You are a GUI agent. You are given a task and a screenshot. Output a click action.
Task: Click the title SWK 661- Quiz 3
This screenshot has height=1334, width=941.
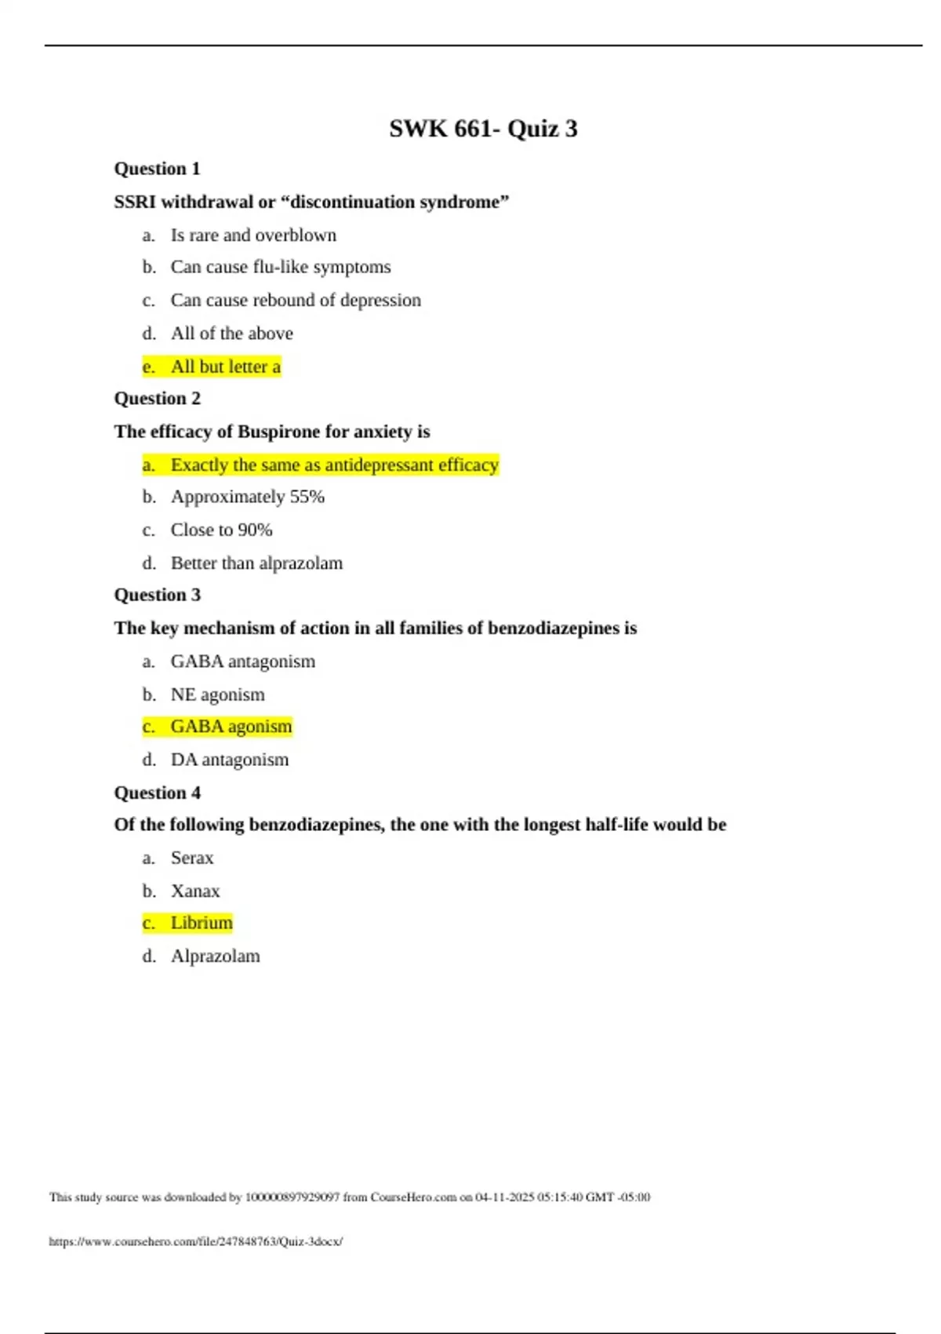tap(483, 129)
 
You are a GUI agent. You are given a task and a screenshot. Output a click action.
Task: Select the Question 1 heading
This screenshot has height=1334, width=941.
tap(157, 169)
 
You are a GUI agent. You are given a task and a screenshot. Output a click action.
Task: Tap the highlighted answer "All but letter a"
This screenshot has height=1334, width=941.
tap(225, 366)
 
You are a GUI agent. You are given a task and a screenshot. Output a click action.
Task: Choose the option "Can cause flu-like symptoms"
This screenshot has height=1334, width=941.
tap(280, 267)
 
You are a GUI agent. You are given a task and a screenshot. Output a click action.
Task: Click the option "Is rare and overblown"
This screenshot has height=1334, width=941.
tap(253, 235)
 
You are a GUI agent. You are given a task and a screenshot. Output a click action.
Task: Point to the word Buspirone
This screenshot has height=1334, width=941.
tap(278, 432)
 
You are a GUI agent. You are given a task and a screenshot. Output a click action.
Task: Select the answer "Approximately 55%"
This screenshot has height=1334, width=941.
tap(247, 497)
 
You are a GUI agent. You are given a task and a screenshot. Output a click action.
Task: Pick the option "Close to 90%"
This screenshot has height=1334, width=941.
tap(221, 530)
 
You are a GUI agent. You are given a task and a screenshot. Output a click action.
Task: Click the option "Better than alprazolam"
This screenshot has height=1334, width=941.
tap(256, 563)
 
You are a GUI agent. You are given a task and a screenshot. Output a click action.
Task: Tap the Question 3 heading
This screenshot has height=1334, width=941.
tap(157, 595)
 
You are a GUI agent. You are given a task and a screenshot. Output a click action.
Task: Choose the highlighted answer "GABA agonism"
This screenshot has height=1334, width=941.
tap(231, 727)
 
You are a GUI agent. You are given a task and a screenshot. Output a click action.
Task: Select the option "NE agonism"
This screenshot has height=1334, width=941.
tap(217, 694)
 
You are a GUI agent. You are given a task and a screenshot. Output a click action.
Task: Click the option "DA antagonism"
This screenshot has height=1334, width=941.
tap(229, 760)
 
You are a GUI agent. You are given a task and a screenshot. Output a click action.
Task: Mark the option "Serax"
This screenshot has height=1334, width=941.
tap(192, 858)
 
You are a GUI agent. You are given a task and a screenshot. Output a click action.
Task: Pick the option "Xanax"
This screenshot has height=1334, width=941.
tap(195, 891)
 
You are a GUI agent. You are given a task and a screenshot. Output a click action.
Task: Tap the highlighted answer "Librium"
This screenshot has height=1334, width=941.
tap(202, 923)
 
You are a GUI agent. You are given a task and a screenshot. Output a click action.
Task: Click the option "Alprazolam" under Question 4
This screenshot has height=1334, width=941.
tap(215, 956)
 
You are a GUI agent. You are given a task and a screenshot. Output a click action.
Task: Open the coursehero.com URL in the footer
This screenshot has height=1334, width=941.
tap(195, 1241)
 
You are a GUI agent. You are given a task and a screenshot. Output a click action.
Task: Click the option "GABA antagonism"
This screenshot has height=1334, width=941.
tap(242, 662)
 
